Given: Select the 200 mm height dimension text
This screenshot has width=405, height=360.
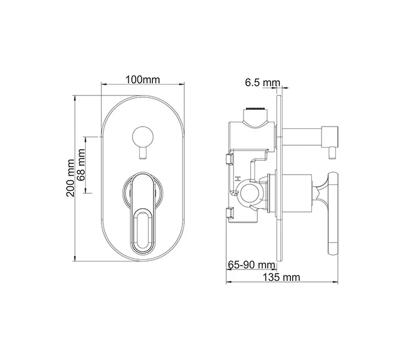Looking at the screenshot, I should pos(70,178).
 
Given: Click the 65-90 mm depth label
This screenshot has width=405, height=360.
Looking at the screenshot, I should pos(251,265).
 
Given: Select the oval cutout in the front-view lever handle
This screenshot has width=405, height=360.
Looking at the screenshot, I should pos(142,227).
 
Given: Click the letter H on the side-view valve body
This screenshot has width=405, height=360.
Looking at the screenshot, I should pos(238,179).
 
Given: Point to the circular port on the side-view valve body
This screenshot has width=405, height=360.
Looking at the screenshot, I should pos(247,193).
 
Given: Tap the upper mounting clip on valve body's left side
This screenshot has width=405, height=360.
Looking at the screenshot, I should pos(229,158).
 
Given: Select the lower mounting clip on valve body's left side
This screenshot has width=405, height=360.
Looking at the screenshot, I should pos(229,212).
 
